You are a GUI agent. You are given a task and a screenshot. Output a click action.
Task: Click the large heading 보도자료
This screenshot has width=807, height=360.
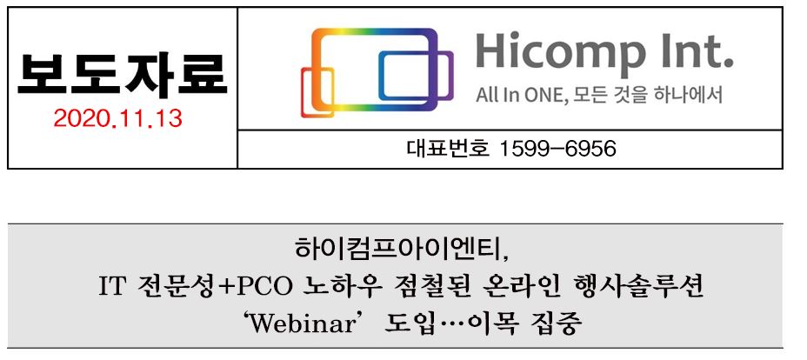click(x=122, y=75)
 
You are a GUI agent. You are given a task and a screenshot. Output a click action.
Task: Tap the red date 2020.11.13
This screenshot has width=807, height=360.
click(x=118, y=119)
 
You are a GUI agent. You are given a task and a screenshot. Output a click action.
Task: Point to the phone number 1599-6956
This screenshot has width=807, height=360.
click(x=558, y=150)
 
